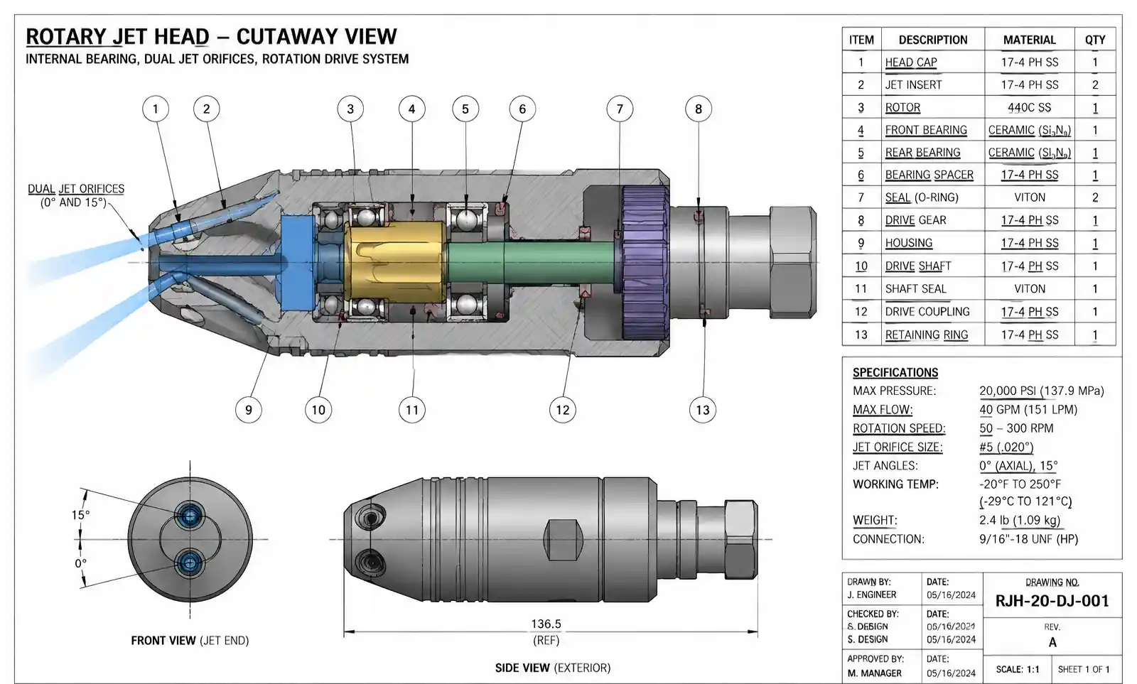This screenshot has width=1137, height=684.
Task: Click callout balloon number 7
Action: pyautogui.click(x=620, y=109)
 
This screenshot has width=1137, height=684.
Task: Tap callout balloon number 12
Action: pyautogui.click(x=562, y=410)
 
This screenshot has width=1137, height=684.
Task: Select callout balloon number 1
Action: pyautogui.click(x=156, y=109)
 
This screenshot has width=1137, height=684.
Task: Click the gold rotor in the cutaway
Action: pyautogui.click(x=395, y=262)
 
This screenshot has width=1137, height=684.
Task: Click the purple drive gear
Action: pyautogui.click(x=645, y=262)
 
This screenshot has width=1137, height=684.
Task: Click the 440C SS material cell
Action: pyautogui.click(x=1030, y=107)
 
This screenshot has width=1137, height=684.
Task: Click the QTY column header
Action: pyautogui.click(x=1095, y=40)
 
